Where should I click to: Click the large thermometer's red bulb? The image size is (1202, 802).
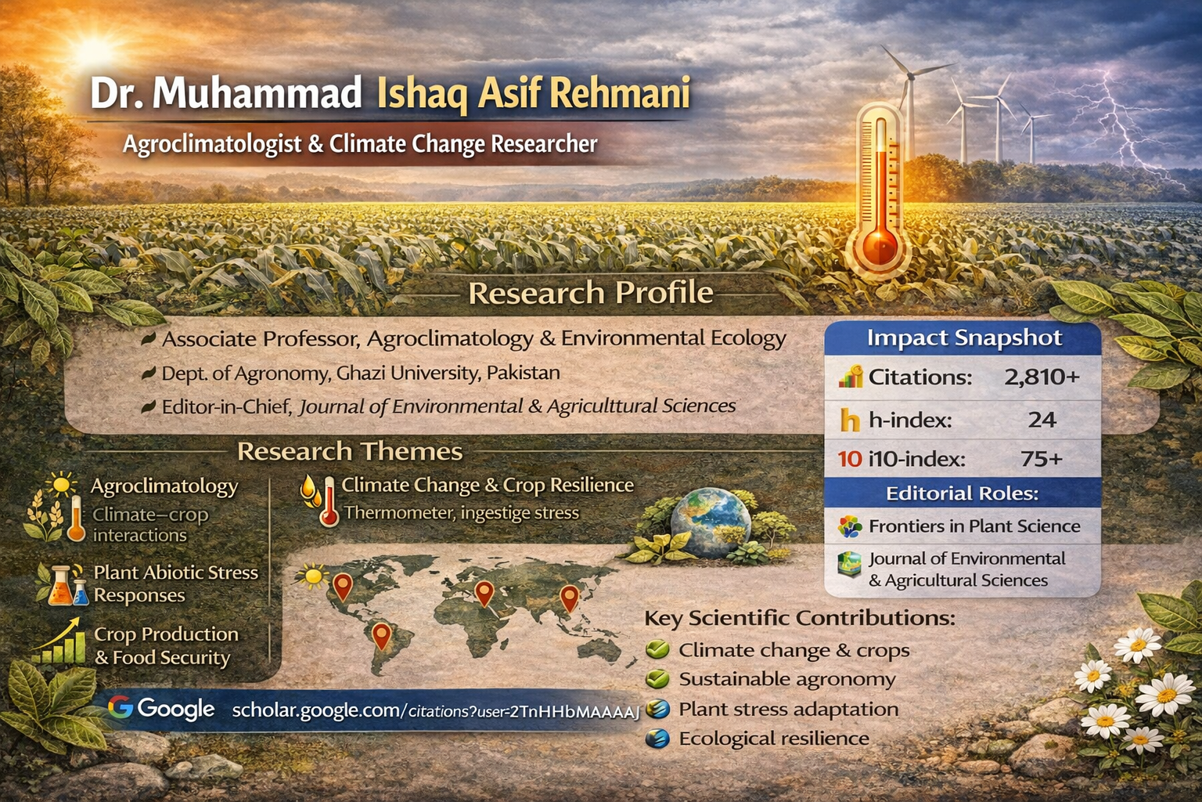881,246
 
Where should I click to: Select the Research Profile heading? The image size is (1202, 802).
591,293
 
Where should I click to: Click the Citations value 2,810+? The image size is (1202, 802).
1042,378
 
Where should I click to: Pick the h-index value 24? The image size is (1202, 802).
1042,420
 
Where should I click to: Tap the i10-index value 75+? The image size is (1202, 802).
1042,458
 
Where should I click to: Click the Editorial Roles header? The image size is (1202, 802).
962,493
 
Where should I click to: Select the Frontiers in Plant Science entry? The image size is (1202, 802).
973,526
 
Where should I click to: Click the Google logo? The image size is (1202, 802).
161,709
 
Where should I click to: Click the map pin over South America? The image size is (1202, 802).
381,635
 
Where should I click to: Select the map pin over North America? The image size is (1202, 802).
342,587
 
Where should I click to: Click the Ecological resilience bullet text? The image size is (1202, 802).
773,739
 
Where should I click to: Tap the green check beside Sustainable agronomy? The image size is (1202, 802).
657,679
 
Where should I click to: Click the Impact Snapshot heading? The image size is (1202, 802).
963,338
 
